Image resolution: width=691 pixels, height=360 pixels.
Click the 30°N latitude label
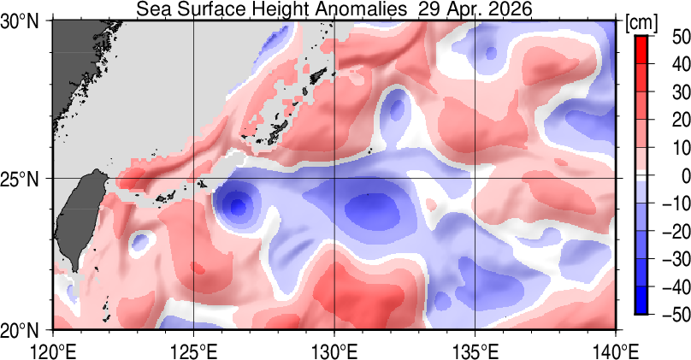(x=20, y=21)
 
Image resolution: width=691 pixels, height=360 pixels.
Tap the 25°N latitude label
(x=20, y=179)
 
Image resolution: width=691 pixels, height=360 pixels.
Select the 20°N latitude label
(x=20, y=330)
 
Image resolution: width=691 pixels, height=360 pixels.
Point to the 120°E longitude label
(x=53, y=351)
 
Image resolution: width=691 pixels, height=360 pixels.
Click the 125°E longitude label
(x=194, y=351)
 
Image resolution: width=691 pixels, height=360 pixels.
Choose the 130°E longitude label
(x=334, y=351)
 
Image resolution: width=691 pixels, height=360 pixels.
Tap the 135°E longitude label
(x=475, y=351)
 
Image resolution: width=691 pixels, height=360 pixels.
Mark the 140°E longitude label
(x=615, y=351)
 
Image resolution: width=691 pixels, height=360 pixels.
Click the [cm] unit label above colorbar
(x=641, y=23)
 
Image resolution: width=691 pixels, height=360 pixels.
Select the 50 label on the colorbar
(x=682, y=36)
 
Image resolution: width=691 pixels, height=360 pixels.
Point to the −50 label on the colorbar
(x=676, y=315)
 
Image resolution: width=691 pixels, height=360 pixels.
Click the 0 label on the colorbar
(x=686, y=176)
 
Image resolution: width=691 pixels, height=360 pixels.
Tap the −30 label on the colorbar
(x=676, y=259)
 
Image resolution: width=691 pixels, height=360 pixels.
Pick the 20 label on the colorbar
(x=682, y=120)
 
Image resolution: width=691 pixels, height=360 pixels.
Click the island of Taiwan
(x=81, y=218)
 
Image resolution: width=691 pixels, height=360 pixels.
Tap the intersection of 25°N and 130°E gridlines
(x=334, y=179)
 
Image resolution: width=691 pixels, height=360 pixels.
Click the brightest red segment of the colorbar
(x=641, y=50)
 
